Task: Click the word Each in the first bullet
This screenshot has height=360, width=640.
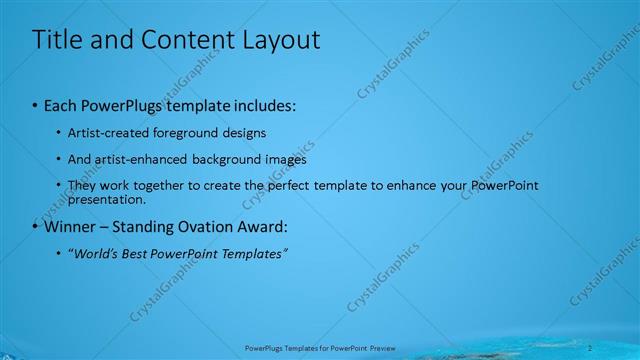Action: (x=62, y=106)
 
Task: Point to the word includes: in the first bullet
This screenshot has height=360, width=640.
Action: (x=263, y=106)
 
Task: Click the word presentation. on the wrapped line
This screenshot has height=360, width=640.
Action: (x=102, y=199)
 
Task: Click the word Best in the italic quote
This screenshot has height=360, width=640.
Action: (x=129, y=254)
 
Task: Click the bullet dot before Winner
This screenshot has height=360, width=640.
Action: (x=36, y=227)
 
